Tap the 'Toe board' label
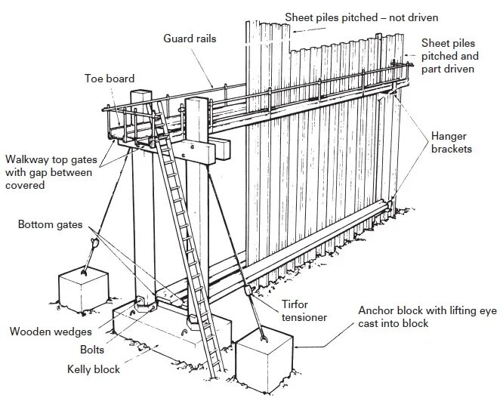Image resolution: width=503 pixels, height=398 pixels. click(110, 77)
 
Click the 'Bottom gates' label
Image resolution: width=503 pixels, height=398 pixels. click(51, 225)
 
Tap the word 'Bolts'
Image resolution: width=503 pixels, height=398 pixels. click(92, 350)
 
